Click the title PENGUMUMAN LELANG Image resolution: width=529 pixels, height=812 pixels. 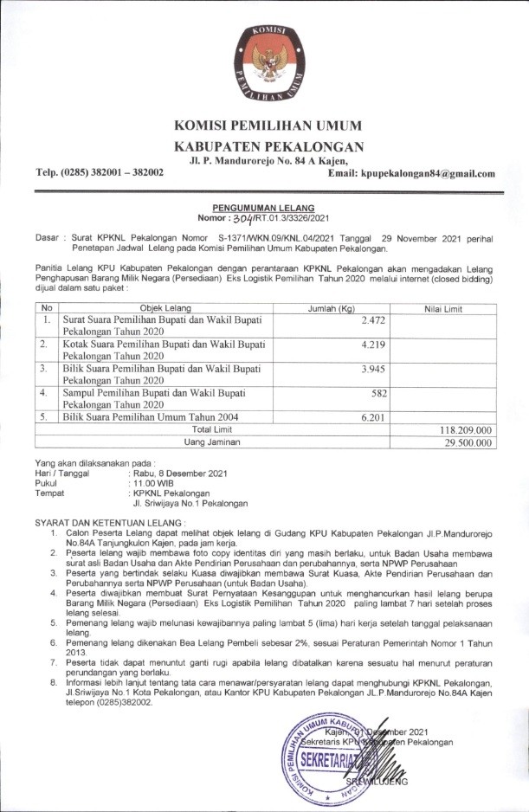tap(264, 209)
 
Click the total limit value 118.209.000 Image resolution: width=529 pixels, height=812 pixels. tap(465, 429)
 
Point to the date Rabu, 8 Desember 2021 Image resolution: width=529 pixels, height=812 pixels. tap(180, 473)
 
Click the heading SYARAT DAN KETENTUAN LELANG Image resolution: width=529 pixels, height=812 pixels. tap(110, 524)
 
